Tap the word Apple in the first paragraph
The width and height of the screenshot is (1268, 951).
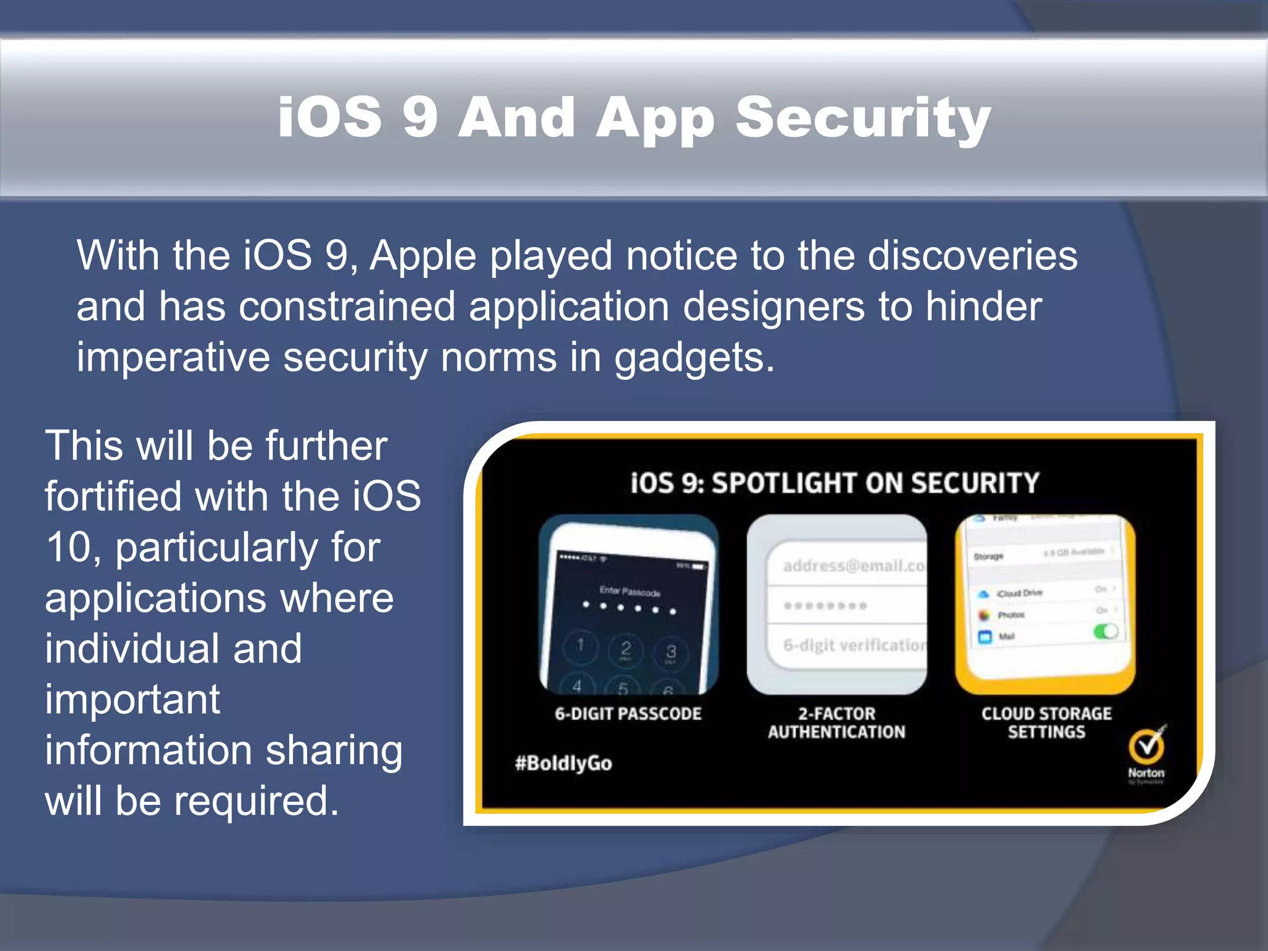click(423, 256)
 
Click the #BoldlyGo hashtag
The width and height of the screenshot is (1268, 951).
click(563, 763)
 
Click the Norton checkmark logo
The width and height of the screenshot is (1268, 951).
click(1146, 747)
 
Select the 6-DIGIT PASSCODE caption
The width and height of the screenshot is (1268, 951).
click(628, 714)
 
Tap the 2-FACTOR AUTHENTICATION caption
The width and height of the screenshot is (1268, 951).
click(836, 723)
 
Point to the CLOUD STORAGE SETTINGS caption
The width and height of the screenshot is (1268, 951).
click(1046, 723)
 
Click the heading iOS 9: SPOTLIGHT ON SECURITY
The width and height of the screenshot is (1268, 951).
click(835, 483)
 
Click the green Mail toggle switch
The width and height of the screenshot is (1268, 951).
click(1105, 632)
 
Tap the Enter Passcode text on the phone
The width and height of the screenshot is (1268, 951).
click(629, 591)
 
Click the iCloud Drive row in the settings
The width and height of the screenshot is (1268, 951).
click(1019, 593)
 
